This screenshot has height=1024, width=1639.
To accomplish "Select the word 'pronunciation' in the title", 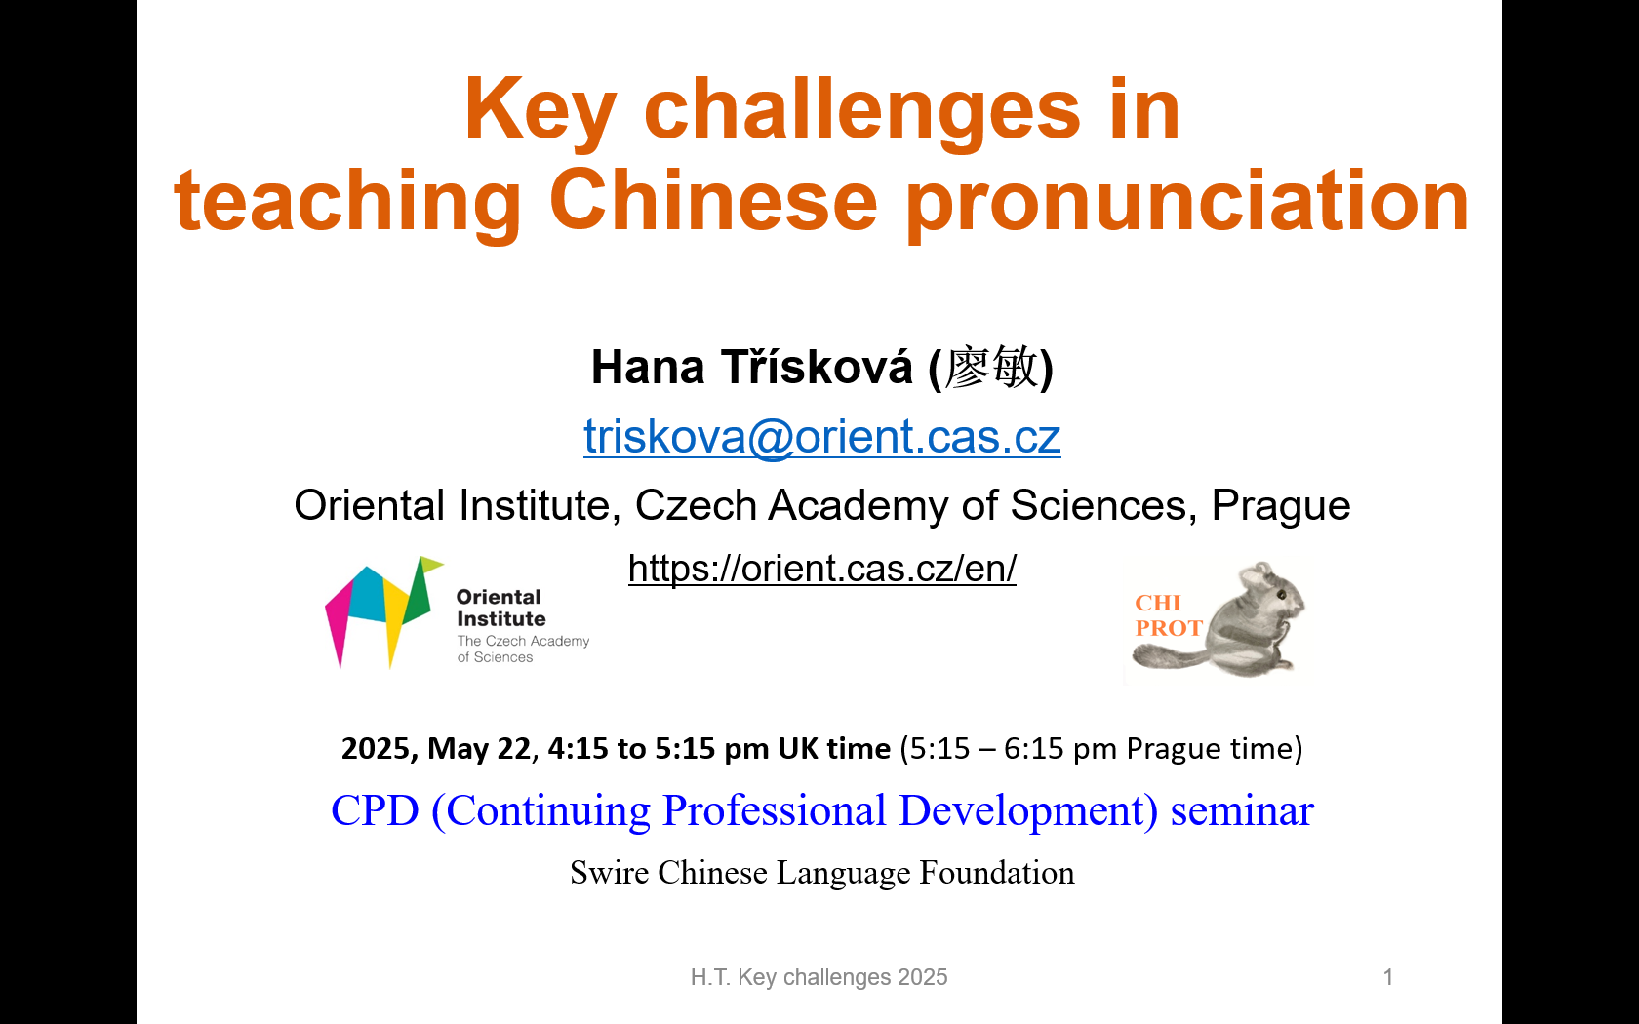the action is click(x=1186, y=203).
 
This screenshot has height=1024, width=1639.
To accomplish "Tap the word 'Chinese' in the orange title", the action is click(x=712, y=200).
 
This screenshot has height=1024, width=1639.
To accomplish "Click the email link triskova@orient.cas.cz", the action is click(x=821, y=437).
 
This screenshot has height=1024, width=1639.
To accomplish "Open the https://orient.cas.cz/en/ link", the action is click(x=821, y=569).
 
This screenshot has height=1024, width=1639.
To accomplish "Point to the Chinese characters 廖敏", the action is click(x=991, y=367).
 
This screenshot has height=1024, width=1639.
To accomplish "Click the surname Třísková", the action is click(x=818, y=366).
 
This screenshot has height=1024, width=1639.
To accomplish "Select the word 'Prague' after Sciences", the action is click(x=1280, y=506).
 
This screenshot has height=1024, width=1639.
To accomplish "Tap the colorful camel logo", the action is click(x=384, y=611).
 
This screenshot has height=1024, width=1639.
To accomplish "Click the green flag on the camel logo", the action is click(x=431, y=564).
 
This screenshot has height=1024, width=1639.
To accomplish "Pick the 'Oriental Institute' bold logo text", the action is click(x=500, y=608).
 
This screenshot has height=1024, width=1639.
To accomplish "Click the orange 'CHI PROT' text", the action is click(x=1168, y=615).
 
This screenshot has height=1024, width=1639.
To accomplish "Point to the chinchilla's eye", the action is click(x=1281, y=595).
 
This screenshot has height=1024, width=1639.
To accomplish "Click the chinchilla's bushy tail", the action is click(x=1171, y=659).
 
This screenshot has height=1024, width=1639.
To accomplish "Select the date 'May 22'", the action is click(x=479, y=748).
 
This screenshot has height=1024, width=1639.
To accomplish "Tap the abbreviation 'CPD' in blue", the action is click(x=375, y=810).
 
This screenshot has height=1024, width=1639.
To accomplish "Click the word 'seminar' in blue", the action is click(x=1242, y=811).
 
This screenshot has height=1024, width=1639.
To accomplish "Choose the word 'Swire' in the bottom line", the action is click(x=609, y=873).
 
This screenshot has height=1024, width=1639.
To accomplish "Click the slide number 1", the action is click(x=1388, y=977).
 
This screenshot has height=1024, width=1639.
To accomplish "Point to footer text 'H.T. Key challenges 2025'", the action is click(x=819, y=977).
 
